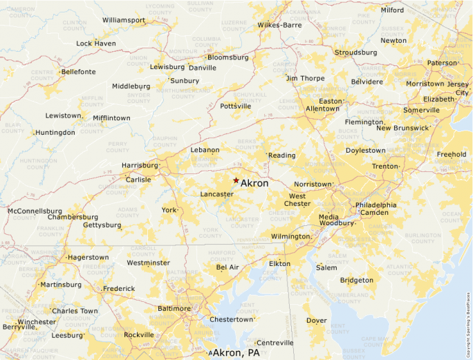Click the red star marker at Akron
(236, 180)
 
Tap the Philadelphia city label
(376, 205)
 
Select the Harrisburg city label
(140, 166)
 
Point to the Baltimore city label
(174, 308)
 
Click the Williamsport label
(124, 20)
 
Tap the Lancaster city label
(216, 195)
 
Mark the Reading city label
(282, 155)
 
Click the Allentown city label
(322, 108)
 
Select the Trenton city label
(384, 167)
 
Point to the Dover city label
(317, 321)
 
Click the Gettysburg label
(102, 225)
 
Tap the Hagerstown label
(88, 258)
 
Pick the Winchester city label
(37, 322)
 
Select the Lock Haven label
(95, 44)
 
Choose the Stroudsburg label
(355, 53)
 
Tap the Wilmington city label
(290, 236)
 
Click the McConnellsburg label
(35, 211)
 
